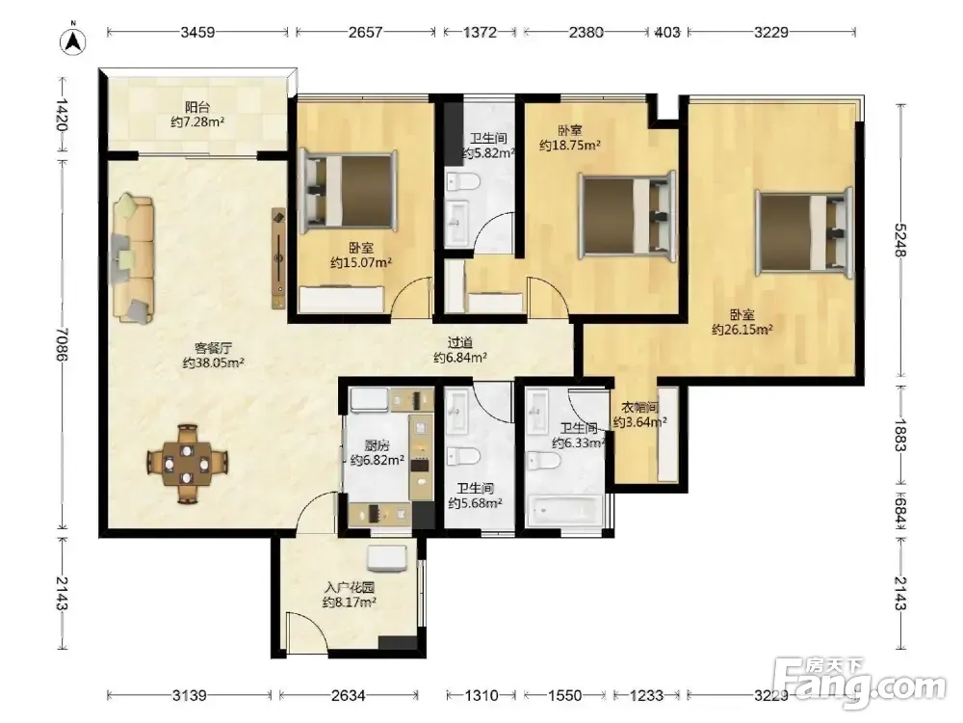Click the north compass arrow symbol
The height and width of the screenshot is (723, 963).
(72, 40)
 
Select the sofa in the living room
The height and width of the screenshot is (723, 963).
(132, 257)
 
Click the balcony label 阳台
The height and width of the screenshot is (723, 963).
(197, 108)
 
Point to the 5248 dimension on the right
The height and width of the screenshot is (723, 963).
(900, 239)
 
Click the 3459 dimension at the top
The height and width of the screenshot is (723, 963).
(197, 32)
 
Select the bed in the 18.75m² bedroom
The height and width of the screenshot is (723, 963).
(628, 215)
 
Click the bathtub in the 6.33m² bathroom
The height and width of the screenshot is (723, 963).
(564, 510)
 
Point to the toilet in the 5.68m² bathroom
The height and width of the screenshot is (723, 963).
(463, 457)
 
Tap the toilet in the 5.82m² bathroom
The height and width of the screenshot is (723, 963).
(462, 182)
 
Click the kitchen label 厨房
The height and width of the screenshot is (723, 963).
(377, 445)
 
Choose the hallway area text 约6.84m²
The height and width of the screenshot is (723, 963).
(460, 358)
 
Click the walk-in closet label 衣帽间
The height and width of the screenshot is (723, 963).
(640, 408)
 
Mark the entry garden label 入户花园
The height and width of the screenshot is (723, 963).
(350, 588)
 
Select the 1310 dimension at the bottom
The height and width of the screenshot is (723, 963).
(481, 695)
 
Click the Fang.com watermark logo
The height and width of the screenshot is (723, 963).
(860, 683)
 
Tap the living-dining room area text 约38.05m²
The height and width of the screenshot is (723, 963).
(214, 362)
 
